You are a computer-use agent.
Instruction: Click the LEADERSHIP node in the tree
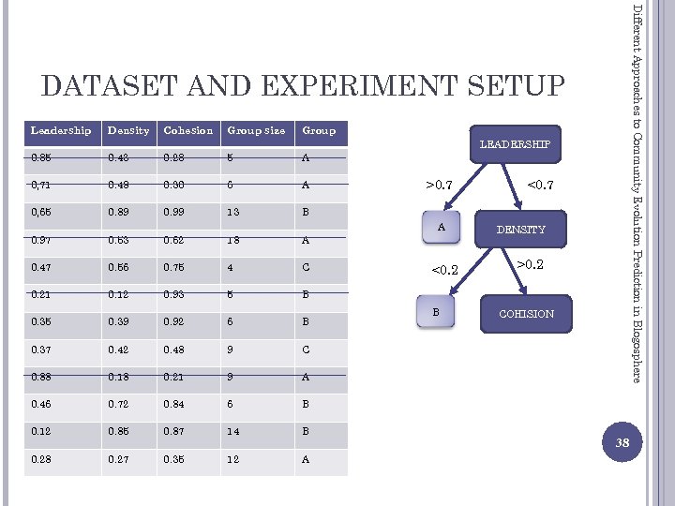tap(514, 144)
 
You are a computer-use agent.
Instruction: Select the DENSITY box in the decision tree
tap(520, 229)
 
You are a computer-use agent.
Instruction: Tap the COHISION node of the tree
tap(526, 314)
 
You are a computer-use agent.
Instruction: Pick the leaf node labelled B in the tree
tap(435, 312)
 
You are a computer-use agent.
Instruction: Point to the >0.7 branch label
tap(441, 186)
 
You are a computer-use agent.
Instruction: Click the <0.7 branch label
tap(540, 186)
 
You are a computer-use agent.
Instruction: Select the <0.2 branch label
tap(443, 272)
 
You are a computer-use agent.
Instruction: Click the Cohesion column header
tap(187, 130)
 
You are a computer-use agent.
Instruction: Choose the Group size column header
tap(255, 130)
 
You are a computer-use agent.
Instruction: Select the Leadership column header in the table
tap(61, 130)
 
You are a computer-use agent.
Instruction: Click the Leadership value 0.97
tap(42, 240)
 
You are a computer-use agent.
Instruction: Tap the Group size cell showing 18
tap(234, 240)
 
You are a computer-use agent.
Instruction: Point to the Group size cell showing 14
tap(234, 432)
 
